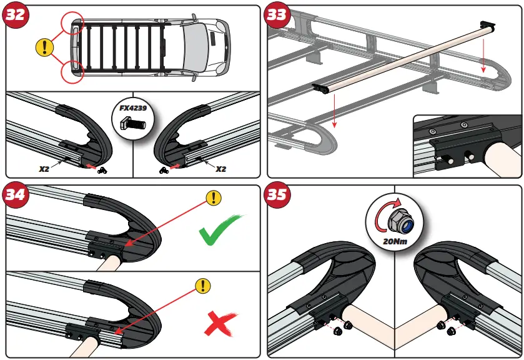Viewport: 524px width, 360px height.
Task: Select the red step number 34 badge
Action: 16,194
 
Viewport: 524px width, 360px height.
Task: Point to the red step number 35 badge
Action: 276,194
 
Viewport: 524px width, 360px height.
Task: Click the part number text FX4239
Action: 132,108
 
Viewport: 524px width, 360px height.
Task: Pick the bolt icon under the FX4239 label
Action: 132,123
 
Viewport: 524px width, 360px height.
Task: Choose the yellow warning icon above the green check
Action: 214,199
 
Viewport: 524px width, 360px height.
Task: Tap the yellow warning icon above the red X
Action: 202,286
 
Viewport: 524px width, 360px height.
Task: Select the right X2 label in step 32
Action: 221,169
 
